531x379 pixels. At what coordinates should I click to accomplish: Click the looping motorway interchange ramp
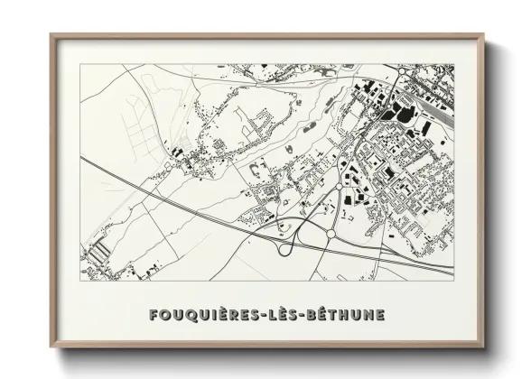coord(292,246)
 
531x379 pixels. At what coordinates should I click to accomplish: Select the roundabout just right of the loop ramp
coord(331,234)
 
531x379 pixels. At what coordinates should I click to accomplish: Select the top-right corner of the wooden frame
coord(482,37)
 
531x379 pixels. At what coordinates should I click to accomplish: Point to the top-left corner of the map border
coord(80,64)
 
